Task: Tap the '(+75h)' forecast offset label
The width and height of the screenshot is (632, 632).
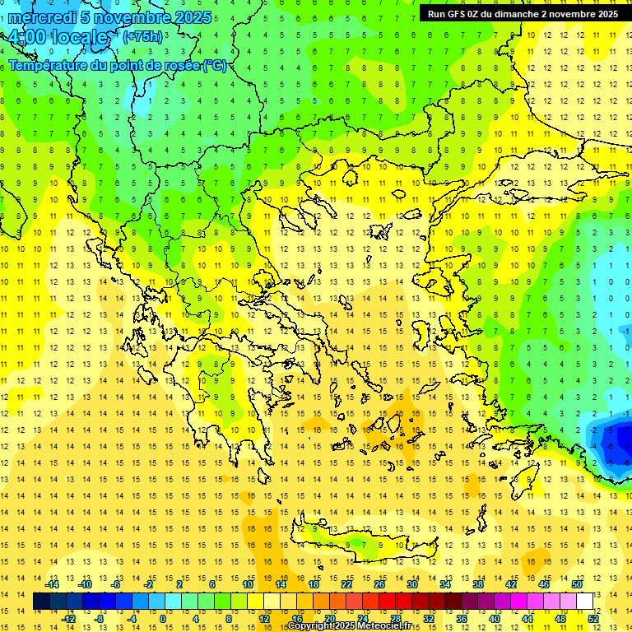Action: [x=142, y=37]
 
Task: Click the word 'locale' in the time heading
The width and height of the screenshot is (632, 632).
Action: [x=79, y=37]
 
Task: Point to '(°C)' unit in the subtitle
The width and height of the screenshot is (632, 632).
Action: [x=214, y=65]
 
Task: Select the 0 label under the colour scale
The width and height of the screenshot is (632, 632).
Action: [x=162, y=619]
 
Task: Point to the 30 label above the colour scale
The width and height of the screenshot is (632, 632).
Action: [x=411, y=584]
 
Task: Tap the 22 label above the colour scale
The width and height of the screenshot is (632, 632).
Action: [x=346, y=584]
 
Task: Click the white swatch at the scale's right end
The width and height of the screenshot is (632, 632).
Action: [x=584, y=602]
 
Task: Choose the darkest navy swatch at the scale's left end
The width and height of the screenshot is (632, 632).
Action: [x=41, y=602]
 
